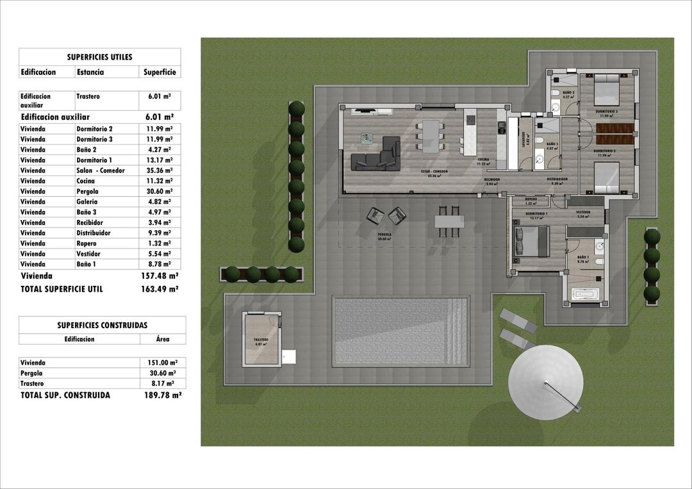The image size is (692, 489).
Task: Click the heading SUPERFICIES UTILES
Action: (99, 57)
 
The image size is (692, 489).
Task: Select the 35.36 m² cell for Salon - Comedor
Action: (159, 170)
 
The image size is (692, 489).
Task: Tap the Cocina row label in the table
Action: (86, 181)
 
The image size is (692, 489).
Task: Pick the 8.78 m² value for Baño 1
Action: (159, 264)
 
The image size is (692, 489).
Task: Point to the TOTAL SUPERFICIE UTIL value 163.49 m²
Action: (159, 289)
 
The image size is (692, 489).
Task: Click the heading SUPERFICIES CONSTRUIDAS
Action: (102, 326)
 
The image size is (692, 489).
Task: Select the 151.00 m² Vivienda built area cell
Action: (162, 363)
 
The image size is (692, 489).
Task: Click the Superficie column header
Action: (160, 72)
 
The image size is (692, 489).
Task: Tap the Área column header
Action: (163, 339)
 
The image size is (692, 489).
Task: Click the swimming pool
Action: (400, 331)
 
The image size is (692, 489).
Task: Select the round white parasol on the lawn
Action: (545, 383)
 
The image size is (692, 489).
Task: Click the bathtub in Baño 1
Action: (586, 296)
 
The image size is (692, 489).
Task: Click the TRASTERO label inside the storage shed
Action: (260, 340)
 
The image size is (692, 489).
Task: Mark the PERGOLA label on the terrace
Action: (384, 235)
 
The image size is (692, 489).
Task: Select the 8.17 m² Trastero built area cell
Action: (162, 383)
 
